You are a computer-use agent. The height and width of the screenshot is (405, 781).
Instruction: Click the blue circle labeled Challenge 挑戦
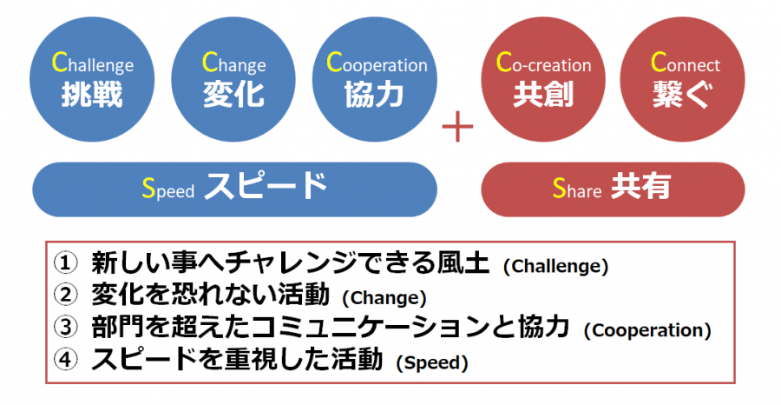click(x=92, y=79)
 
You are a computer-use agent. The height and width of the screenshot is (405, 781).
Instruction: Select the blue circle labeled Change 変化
click(x=233, y=79)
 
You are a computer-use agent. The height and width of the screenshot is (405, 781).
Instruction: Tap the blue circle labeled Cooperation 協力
click(x=375, y=79)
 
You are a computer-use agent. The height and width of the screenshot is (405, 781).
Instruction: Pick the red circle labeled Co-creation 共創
click(x=543, y=79)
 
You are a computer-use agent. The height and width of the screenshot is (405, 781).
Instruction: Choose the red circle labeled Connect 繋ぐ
click(x=683, y=79)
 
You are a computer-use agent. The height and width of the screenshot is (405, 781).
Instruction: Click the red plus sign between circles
click(x=457, y=126)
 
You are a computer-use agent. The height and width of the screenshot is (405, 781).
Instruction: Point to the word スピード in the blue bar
click(x=265, y=186)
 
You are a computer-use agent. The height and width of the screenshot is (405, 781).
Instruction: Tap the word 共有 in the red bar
click(x=640, y=187)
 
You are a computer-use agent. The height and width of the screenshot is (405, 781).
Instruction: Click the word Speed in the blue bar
click(x=167, y=189)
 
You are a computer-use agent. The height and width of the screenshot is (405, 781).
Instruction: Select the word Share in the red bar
click(x=577, y=188)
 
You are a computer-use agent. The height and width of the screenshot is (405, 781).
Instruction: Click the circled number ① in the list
click(x=66, y=265)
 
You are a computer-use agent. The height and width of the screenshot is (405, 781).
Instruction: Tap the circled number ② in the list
click(x=66, y=296)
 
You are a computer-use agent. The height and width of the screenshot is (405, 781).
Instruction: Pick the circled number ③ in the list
click(x=66, y=329)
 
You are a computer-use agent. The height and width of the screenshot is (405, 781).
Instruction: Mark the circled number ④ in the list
click(x=66, y=360)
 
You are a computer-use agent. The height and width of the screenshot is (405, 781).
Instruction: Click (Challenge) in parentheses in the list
click(x=556, y=267)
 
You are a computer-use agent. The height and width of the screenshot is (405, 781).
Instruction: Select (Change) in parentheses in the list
click(x=384, y=298)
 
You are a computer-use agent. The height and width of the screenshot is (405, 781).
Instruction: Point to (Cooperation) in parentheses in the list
click(x=647, y=330)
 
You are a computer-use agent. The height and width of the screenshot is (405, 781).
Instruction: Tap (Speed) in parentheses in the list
click(x=432, y=362)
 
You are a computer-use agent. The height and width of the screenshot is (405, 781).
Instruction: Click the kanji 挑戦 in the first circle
click(x=92, y=95)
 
